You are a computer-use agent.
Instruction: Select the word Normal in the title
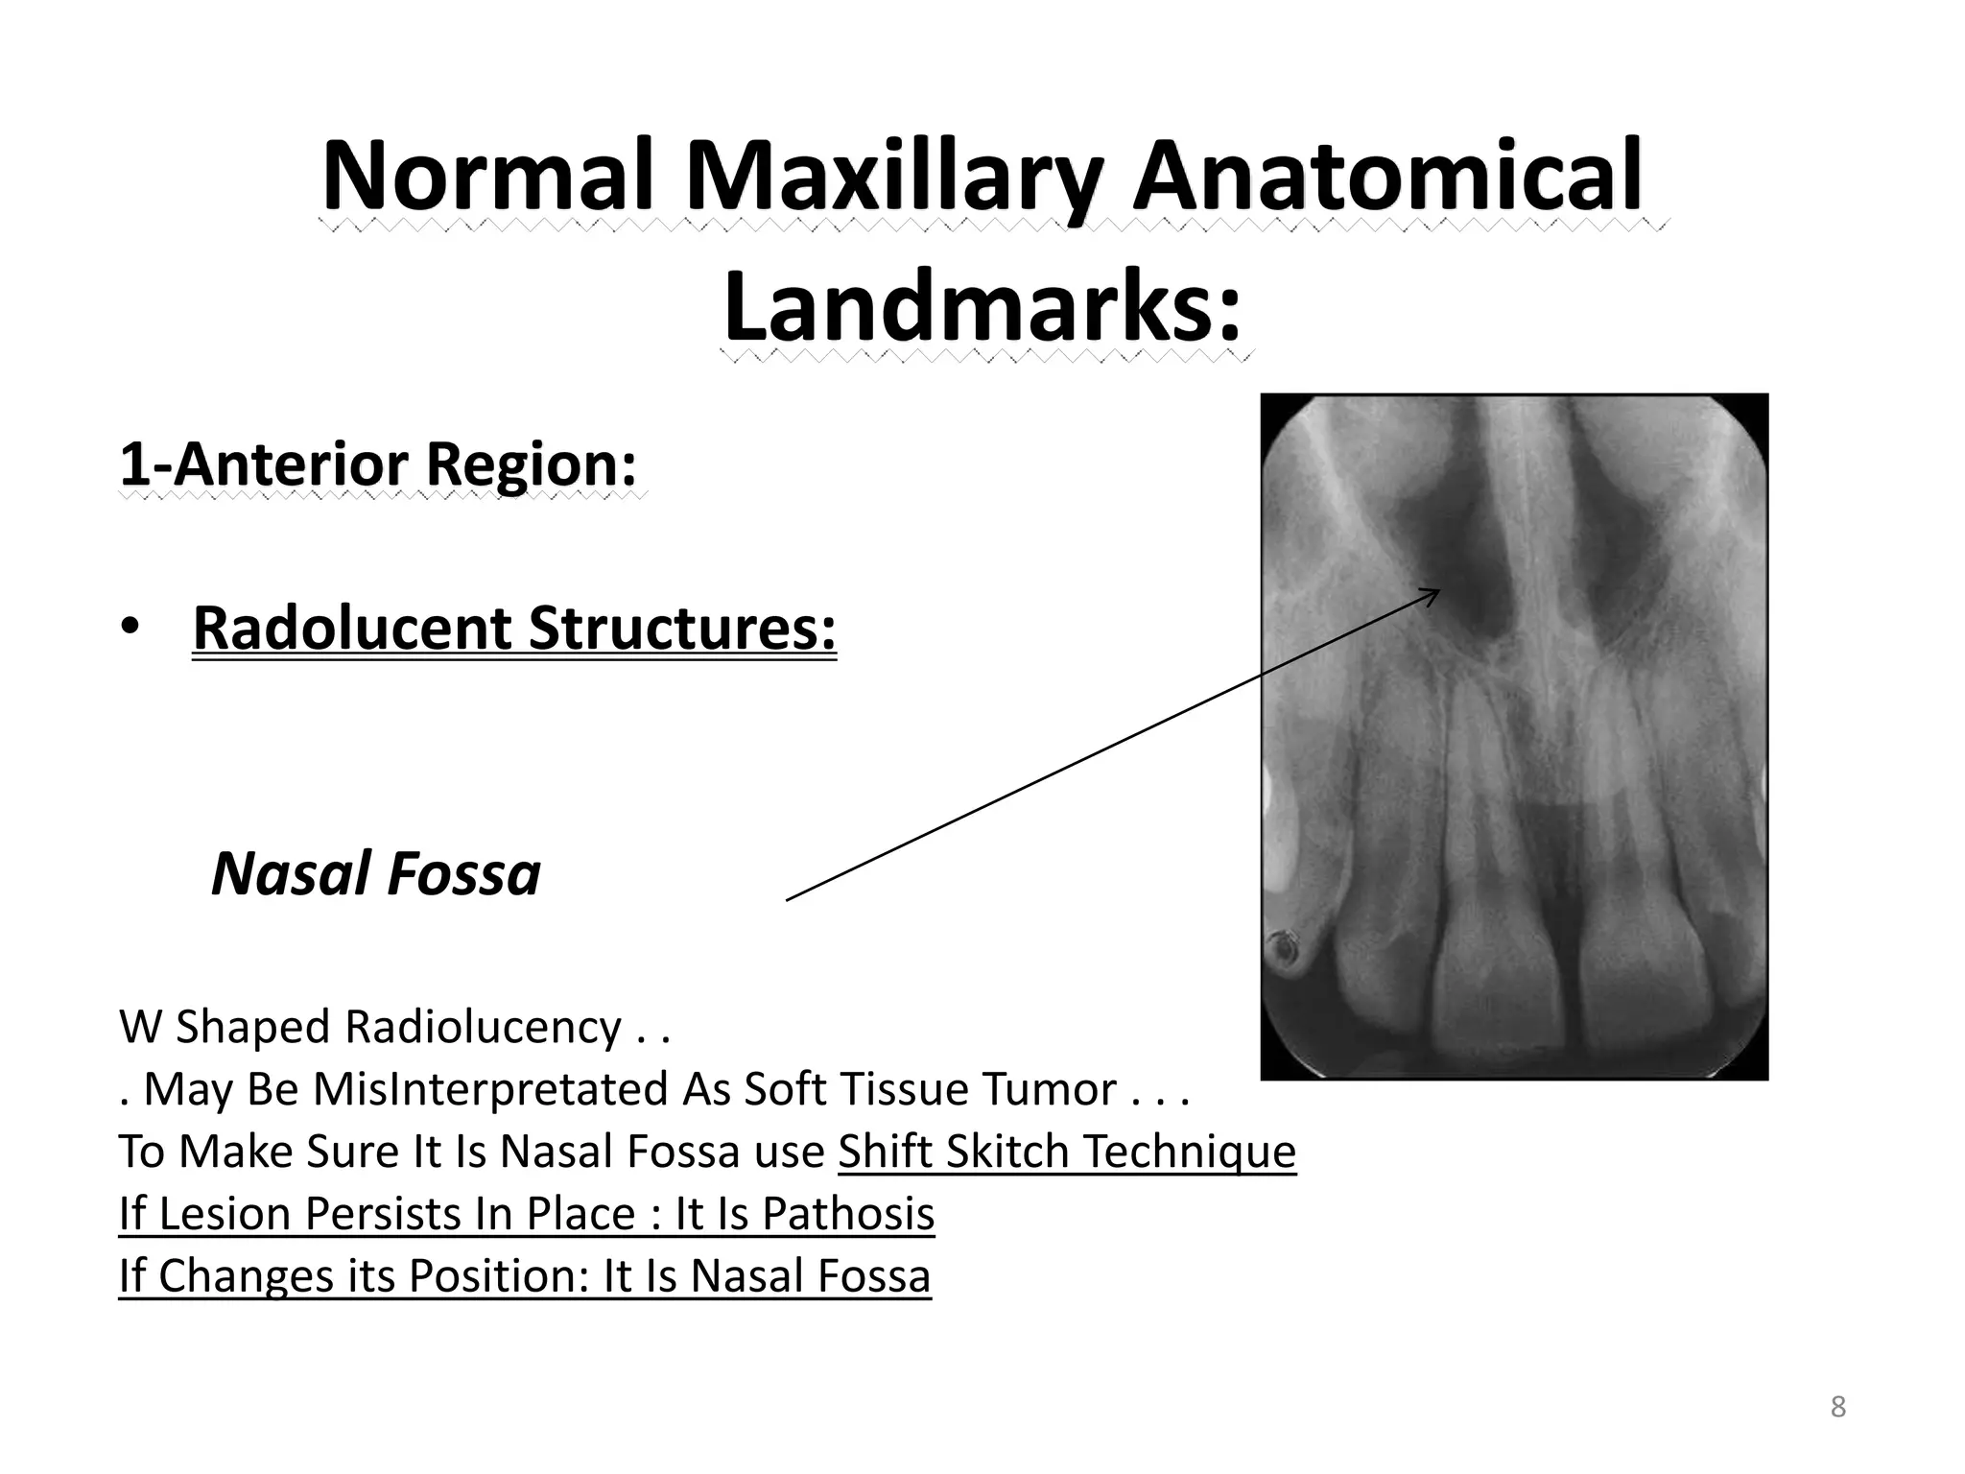coord(487,178)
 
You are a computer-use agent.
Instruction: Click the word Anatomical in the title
coord(1386,178)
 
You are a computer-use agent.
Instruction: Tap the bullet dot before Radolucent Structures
coord(130,628)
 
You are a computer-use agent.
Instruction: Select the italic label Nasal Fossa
coord(375,874)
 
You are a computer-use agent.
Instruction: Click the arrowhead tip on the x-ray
coord(1439,590)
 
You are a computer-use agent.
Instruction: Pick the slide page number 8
coord(1837,1407)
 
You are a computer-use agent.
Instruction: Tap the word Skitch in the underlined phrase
coord(1006,1152)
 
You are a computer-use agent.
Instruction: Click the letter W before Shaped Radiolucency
coord(140,1027)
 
